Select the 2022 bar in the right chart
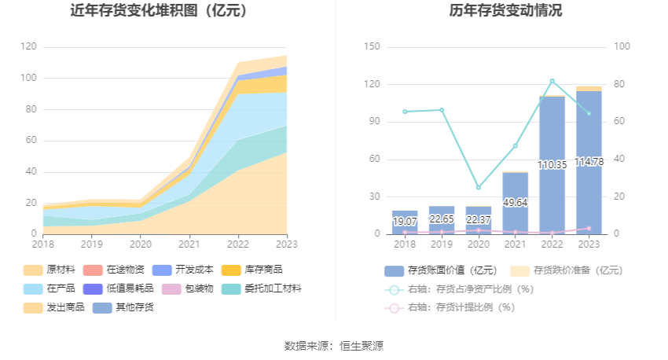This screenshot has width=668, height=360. coord(552,165)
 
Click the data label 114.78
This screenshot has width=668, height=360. coord(589,162)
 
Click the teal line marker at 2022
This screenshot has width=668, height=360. coord(552,81)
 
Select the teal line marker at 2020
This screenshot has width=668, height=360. coord(479,187)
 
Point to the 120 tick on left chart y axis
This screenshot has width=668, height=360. coord(29,47)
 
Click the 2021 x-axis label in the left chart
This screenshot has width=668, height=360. coord(189,244)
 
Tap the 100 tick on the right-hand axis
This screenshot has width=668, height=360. coord(622,47)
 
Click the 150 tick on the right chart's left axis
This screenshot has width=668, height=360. coord(373,47)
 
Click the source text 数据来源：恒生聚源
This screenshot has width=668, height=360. coord(334,345)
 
